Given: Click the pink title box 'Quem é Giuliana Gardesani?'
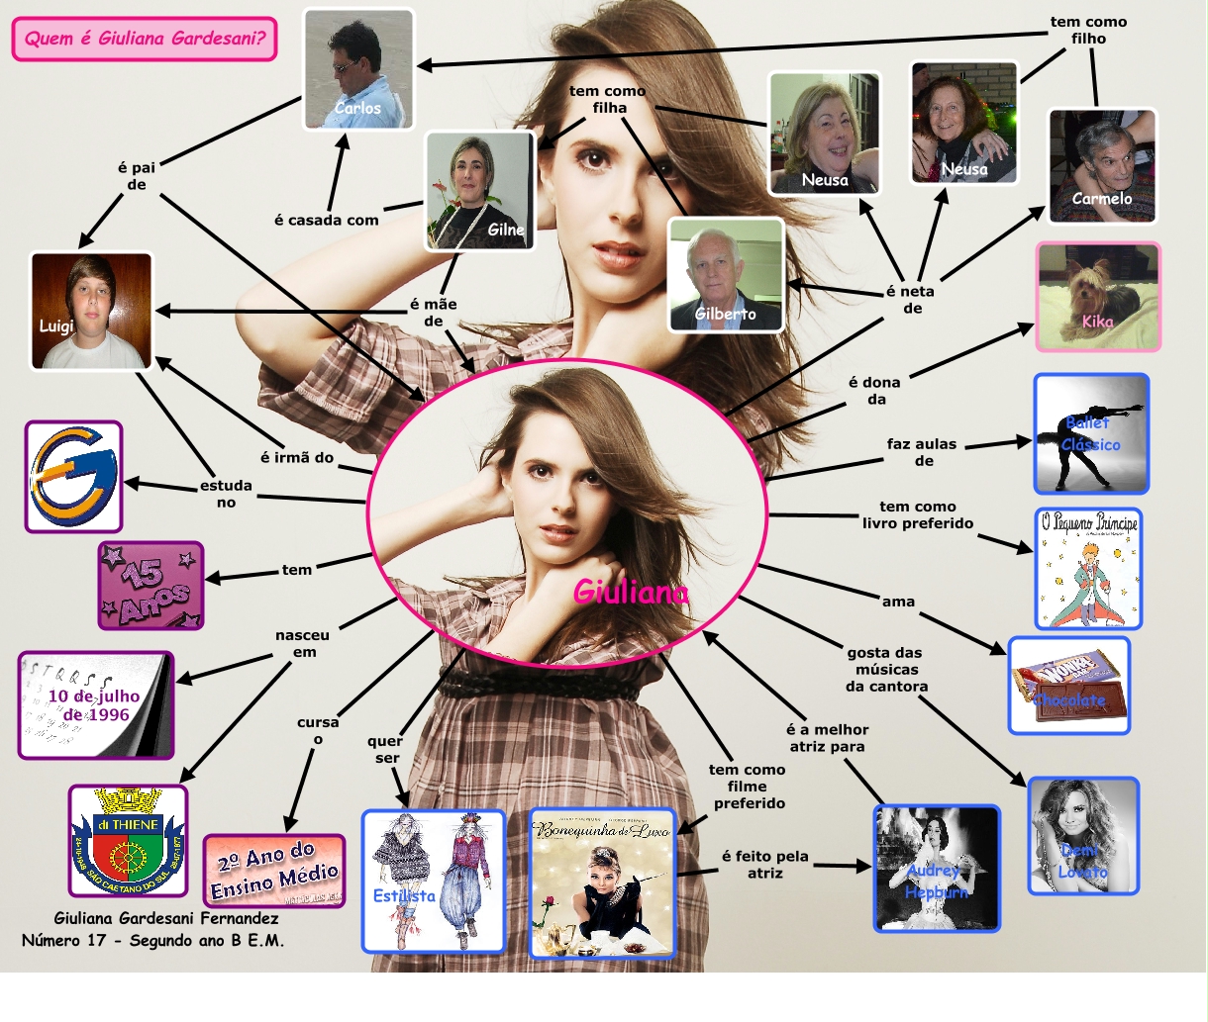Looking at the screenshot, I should click(x=145, y=39).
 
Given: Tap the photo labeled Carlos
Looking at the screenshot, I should click(x=357, y=69).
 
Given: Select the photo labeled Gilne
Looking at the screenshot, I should click(x=480, y=190).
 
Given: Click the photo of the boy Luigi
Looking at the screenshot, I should click(x=92, y=311).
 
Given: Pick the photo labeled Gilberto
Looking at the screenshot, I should click(x=726, y=275).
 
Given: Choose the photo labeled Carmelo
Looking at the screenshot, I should click(x=1102, y=166).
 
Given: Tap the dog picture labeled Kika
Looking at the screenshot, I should click(x=1098, y=297).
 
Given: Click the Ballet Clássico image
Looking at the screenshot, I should click(x=1091, y=433).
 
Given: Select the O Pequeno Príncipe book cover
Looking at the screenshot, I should click(x=1088, y=569).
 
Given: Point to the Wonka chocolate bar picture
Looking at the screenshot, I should click(x=1069, y=686).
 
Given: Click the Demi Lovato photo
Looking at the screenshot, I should click(x=1083, y=836).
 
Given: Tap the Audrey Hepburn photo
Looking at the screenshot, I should click(x=937, y=869).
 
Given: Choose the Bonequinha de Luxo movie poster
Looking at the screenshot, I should click(x=602, y=883).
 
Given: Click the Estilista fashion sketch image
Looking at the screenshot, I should click(x=434, y=882).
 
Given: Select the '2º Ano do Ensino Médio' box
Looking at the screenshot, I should click(x=274, y=871).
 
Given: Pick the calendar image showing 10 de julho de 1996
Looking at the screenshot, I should click(x=95, y=705).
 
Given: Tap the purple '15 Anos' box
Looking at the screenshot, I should click(x=151, y=586).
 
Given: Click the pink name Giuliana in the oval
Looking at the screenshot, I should click(x=631, y=592).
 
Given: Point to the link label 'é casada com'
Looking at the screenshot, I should click(x=326, y=220).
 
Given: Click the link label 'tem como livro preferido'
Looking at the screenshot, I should click(x=918, y=514).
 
